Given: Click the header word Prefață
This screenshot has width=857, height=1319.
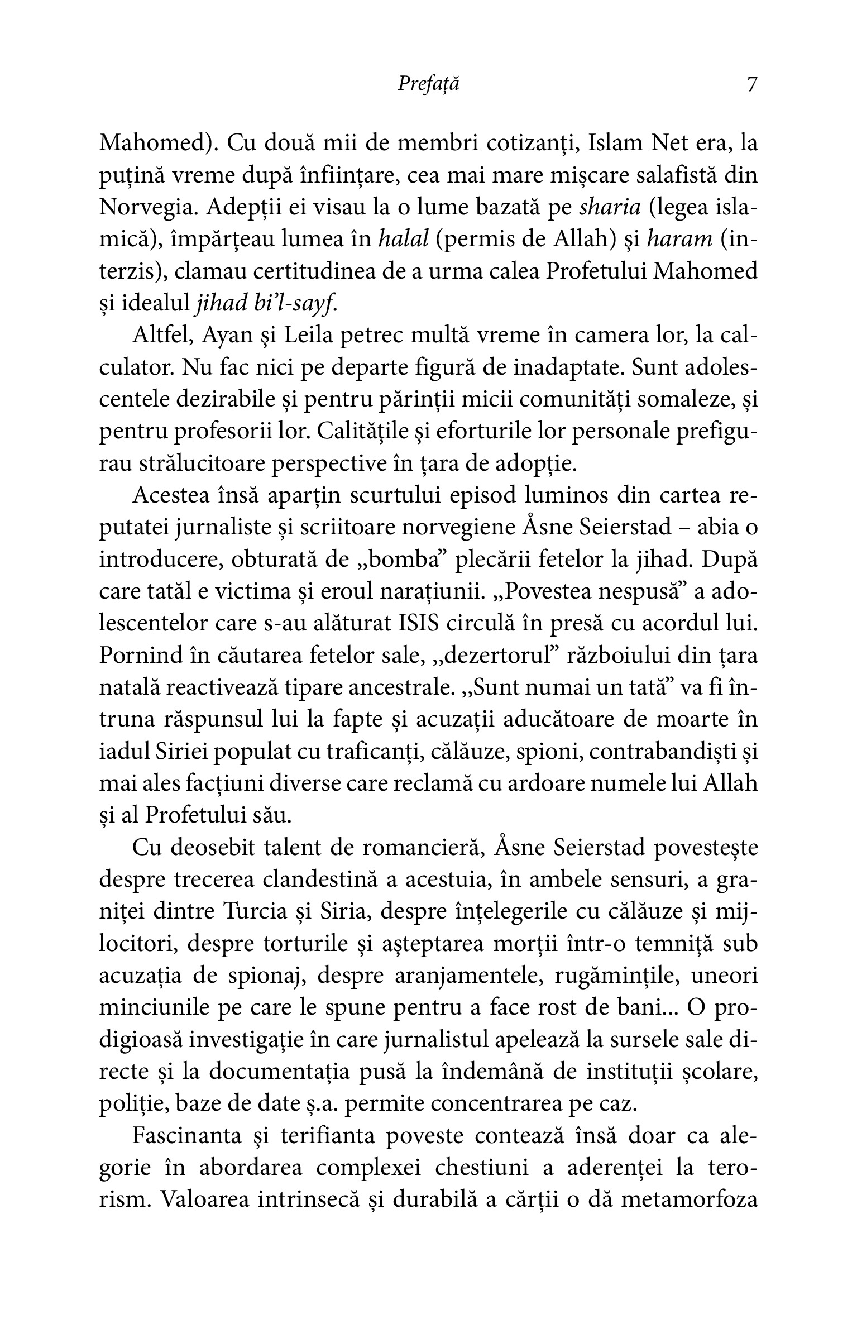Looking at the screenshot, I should point(429,84).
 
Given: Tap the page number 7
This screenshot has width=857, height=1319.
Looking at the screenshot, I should point(751,84).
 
